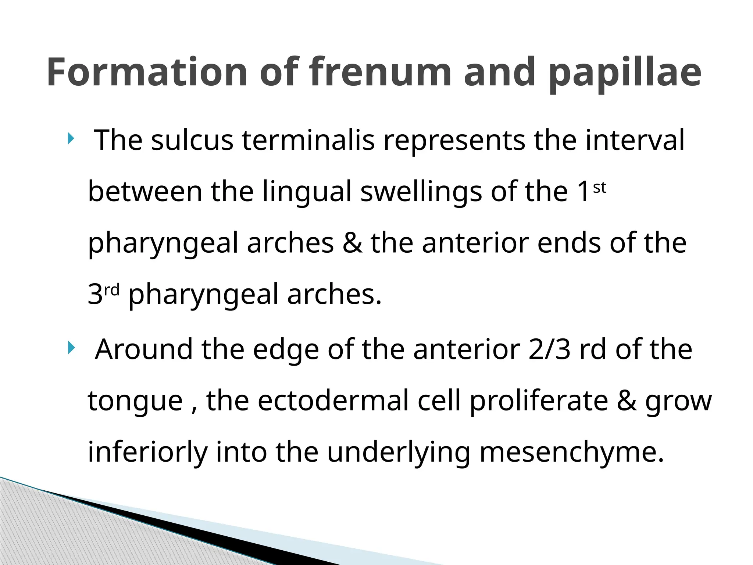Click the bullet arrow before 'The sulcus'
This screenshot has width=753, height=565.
(x=71, y=139)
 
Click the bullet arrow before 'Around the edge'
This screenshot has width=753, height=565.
(x=71, y=347)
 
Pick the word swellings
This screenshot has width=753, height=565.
(x=421, y=192)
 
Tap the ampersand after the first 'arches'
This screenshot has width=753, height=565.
(x=352, y=243)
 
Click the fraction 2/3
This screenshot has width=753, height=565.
(x=549, y=349)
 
